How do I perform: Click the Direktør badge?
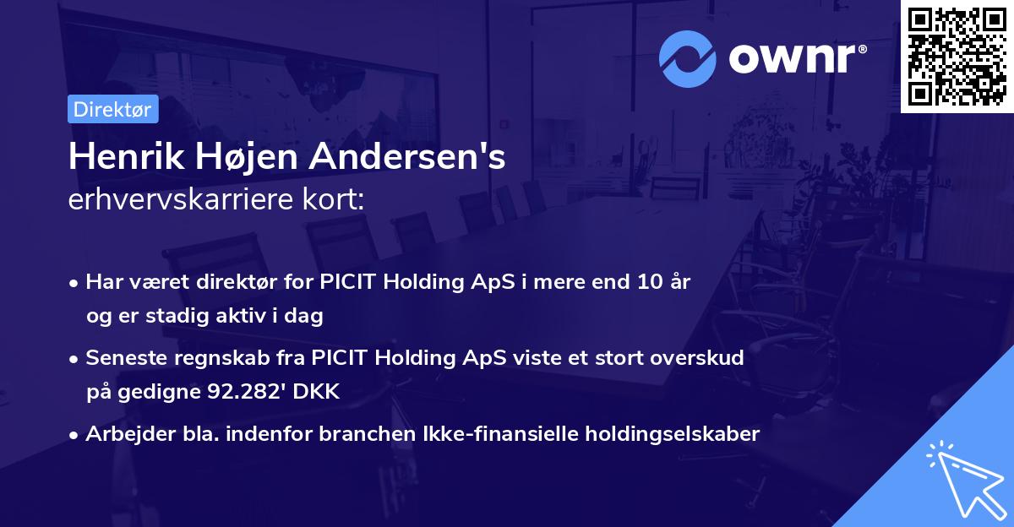click(112, 109)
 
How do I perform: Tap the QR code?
click(957, 57)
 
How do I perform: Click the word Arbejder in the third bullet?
click(123, 434)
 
